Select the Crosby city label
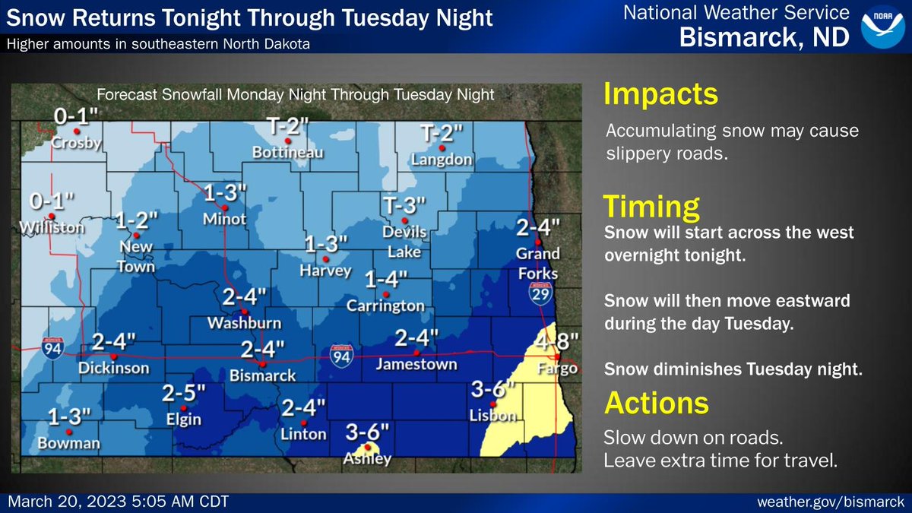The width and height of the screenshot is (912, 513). (76, 143)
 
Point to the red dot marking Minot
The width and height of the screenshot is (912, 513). (225, 207)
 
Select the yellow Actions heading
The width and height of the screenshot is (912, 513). (656, 402)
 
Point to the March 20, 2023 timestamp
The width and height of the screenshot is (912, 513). (118, 503)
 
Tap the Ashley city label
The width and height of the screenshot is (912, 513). (367, 459)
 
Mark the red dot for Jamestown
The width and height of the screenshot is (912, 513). (416, 353)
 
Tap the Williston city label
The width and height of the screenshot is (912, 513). (50, 226)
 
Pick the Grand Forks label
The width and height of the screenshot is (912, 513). (537, 263)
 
